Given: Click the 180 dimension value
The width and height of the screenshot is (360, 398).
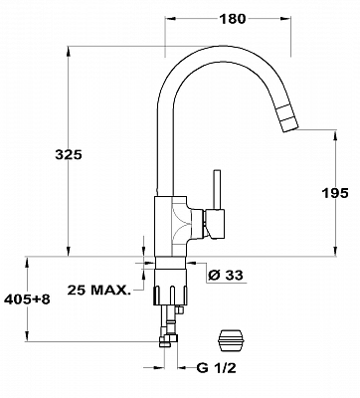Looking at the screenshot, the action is [x=232, y=19].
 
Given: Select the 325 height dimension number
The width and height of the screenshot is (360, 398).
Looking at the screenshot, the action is [x=68, y=154].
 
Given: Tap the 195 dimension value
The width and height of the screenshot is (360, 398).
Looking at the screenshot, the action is [x=335, y=193].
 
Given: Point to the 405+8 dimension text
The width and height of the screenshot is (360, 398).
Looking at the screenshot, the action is [x=27, y=299].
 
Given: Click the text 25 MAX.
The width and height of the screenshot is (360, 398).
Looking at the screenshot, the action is [x=98, y=290].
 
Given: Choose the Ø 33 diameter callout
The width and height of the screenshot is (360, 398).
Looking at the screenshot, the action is [x=226, y=275].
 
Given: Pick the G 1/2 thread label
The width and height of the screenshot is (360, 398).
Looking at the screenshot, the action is [x=216, y=367].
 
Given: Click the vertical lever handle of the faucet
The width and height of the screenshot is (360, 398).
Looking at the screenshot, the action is [x=217, y=190].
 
